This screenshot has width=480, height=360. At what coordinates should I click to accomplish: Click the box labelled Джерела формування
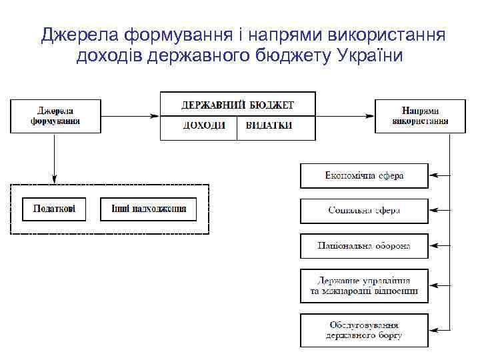tap(55, 116)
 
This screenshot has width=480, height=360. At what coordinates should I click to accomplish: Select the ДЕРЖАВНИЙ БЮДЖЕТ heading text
tap(237, 105)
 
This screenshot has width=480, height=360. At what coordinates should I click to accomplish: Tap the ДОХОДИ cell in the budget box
tap(203, 125)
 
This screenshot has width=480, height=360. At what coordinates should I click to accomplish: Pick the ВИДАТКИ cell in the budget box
tap(269, 125)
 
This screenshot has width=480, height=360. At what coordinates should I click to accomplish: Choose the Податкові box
tap(55, 209)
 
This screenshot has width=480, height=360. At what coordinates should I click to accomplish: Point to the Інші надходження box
tap(148, 209)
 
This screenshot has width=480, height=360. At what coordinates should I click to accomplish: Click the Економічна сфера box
tap(364, 176)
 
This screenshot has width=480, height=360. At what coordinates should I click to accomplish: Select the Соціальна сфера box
tap(364, 211)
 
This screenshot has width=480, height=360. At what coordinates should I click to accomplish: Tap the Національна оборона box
tap(364, 246)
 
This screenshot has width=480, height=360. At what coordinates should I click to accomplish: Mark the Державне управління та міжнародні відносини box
tap(364, 286)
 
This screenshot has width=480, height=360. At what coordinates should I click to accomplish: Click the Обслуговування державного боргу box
tap(364, 330)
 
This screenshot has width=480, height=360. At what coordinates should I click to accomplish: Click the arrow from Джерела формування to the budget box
tap(130, 116)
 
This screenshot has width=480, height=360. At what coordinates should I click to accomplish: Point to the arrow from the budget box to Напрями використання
tap(345, 116)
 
